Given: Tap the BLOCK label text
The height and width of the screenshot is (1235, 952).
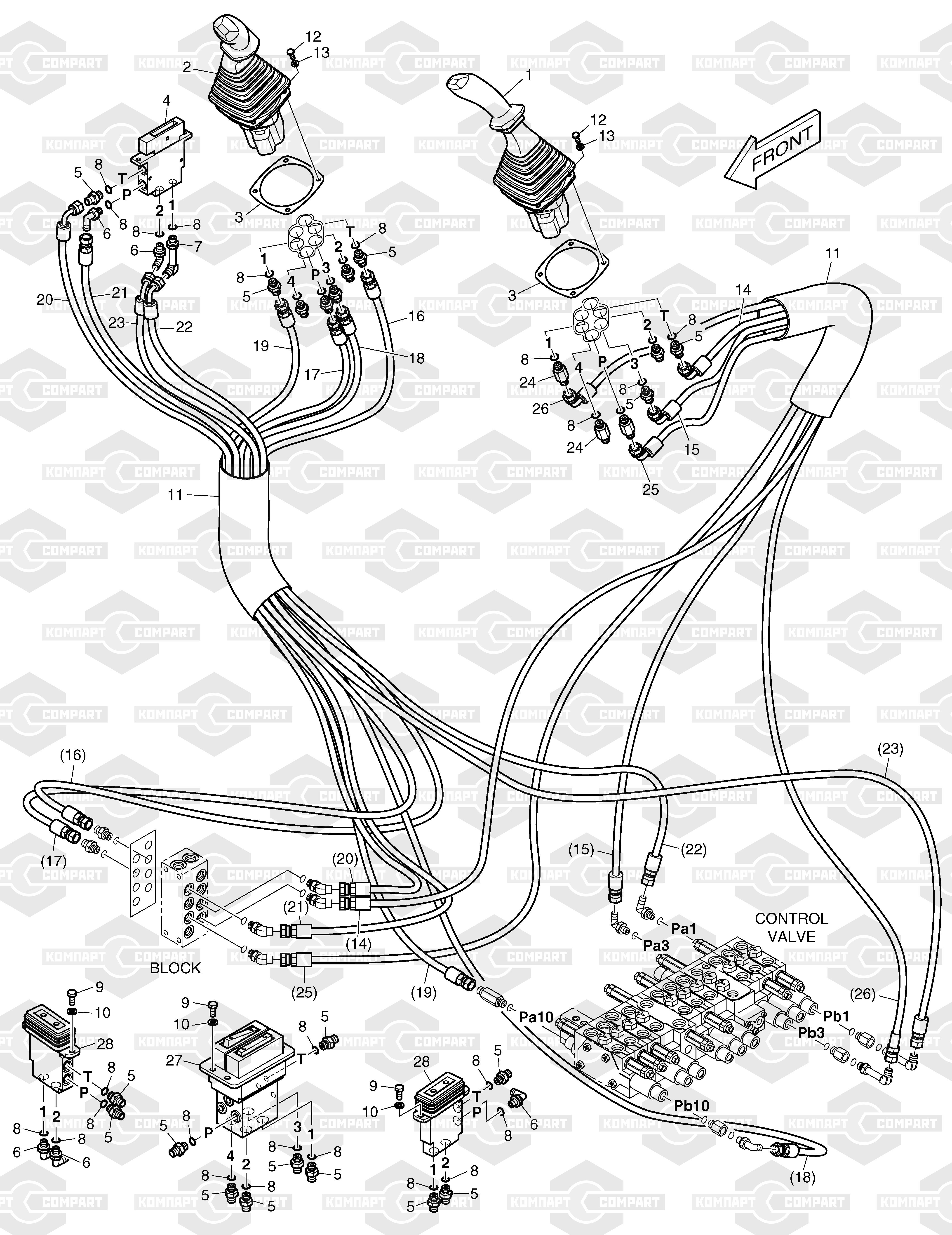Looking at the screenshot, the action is tap(175, 968).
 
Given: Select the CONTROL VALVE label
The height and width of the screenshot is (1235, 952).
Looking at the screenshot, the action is tap(791, 927).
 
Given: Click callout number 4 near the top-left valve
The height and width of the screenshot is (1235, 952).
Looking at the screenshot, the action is tap(166, 101).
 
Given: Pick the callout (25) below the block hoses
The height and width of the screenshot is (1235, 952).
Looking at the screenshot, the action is tap(303, 992).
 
